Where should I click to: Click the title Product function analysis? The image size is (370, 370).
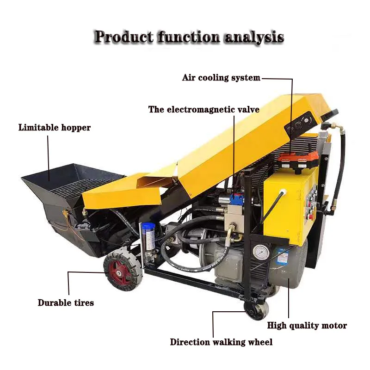(189, 37)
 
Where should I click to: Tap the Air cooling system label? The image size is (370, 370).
(221, 78)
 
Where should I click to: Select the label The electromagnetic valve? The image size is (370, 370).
(203, 110)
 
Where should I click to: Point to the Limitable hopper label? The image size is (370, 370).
(55, 127)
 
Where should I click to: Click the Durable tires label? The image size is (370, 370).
(66, 303)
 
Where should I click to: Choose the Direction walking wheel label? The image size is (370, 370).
(221, 342)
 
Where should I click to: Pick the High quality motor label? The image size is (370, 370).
(307, 326)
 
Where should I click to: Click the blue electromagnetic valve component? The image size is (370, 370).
(237, 199)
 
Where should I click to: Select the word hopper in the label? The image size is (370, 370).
(76, 127)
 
